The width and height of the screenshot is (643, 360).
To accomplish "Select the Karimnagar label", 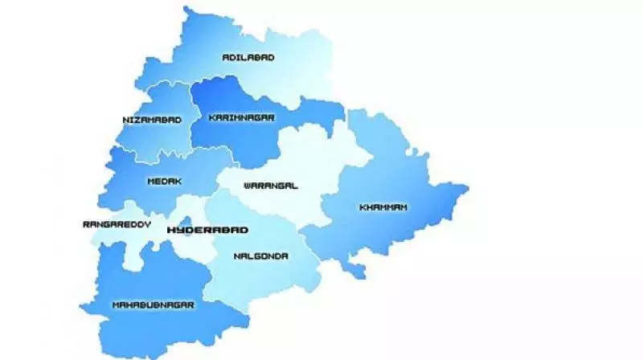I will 242,117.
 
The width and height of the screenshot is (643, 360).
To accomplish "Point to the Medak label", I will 160,182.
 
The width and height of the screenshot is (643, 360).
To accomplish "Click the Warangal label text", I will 271,186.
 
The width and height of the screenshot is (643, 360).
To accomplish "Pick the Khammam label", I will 383,207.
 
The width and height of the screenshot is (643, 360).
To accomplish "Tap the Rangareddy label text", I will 117,225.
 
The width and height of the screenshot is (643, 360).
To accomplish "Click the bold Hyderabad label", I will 207,230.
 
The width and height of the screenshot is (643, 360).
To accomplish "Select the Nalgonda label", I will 261,257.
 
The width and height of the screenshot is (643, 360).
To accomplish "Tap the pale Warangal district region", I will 297,161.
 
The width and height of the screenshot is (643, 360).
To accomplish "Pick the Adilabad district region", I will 265,40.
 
